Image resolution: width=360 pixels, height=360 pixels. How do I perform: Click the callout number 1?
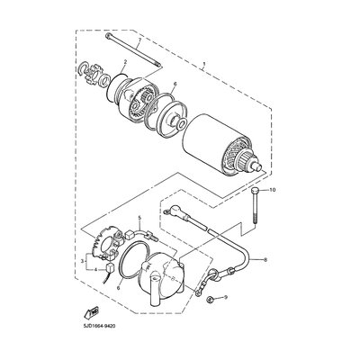click(204, 66)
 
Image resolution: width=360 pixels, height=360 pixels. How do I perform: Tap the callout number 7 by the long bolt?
click(139, 41)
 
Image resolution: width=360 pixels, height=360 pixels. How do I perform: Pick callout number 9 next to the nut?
click(227, 297)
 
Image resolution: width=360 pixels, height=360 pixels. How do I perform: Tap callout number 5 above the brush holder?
click(139, 220)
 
